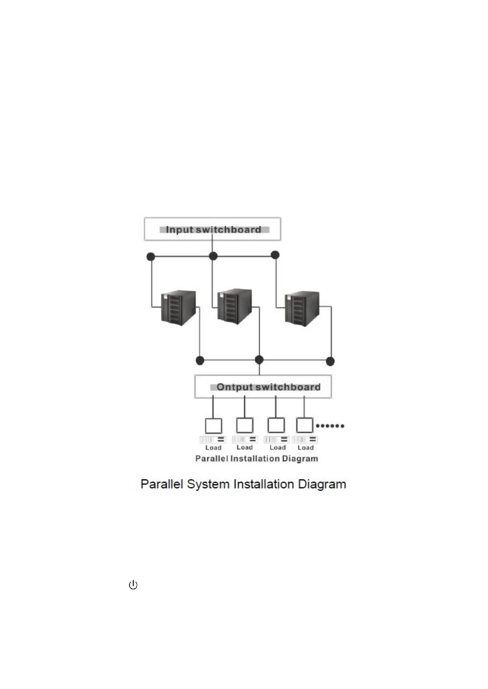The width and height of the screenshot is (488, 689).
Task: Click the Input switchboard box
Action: tap(212, 229)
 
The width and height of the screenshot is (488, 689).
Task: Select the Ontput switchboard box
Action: tap(263, 387)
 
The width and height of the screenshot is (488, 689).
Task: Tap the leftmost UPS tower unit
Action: tap(178, 308)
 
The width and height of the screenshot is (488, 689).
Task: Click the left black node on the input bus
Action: tap(151, 257)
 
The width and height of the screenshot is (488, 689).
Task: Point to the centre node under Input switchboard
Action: tap(213, 256)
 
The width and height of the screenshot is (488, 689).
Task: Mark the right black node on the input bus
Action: tap(275, 255)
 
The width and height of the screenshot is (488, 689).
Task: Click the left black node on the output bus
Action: tap(200, 360)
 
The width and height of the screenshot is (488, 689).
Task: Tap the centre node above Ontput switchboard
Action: tap(259, 360)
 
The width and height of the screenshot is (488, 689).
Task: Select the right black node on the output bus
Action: tap(330, 361)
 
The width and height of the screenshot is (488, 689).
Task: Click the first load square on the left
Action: tap(213, 426)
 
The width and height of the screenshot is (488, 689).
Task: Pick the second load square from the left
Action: tap(245, 426)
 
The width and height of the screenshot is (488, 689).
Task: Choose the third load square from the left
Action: tap(276, 426)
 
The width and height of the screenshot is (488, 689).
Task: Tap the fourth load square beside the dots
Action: tap(304, 426)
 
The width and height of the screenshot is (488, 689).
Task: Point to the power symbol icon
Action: tap(133, 585)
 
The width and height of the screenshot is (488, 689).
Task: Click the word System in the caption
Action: tap(208, 484)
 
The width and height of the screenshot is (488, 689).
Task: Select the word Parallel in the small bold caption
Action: tap(211, 459)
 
